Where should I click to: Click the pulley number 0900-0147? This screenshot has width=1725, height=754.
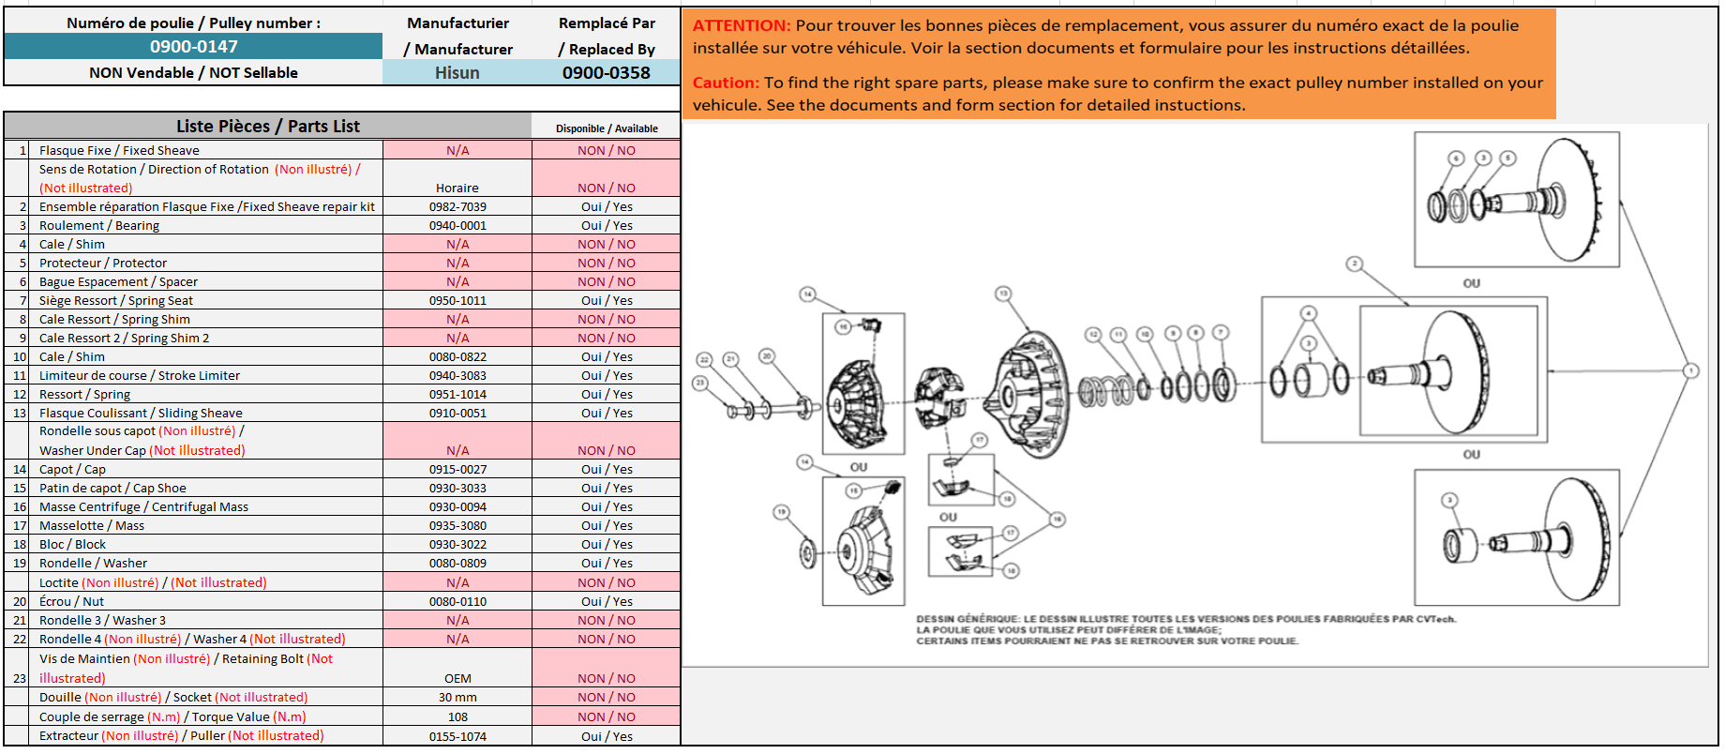[x=193, y=47]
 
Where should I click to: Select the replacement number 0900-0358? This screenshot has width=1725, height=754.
[x=606, y=73]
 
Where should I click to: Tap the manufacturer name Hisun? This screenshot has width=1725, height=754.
[x=457, y=73]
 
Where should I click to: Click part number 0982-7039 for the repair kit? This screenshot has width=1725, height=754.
[x=457, y=207]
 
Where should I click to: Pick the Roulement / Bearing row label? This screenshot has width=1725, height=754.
[x=99, y=226]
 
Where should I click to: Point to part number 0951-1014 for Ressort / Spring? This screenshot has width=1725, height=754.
[x=457, y=395]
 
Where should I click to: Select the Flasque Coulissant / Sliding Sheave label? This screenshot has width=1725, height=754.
[x=141, y=414]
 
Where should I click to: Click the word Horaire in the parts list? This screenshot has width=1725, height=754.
[x=457, y=188]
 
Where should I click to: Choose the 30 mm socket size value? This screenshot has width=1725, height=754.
[x=457, y=698]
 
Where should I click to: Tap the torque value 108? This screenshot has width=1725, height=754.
[x=457, y=717]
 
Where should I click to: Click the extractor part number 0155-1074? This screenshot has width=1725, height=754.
[x=457, y=737]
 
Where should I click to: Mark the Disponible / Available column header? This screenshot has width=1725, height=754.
[x=607, y=128]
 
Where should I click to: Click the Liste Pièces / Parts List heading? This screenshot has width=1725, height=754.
[x=268, y=127]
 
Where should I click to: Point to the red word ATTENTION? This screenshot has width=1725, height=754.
[x=742, y=26]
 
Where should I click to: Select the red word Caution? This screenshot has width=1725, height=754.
[x=726, y=83]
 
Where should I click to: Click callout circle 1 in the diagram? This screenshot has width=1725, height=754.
[x=1691, y=370]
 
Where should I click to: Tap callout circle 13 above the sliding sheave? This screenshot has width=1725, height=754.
[x=1003, y=294]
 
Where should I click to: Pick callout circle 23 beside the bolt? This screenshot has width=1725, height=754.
[x=699, y=383]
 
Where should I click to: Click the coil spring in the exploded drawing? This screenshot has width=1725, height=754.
[x=1106, y=389]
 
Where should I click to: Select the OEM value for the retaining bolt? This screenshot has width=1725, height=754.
[x=457, y=679]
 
